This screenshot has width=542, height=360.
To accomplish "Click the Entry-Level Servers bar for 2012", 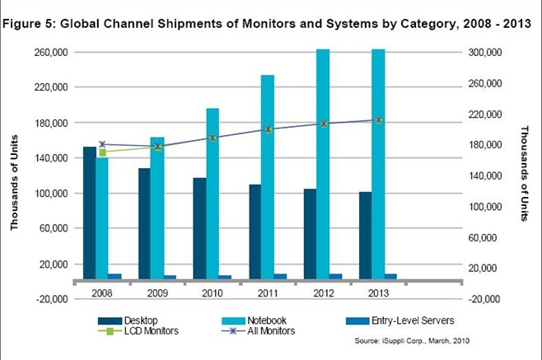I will pos(335,277).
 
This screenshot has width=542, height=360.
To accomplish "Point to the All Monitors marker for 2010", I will pos(213,138).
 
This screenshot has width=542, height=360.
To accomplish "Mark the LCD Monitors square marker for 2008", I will pos(102,152).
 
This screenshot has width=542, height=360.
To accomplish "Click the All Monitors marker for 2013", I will pos(378,120).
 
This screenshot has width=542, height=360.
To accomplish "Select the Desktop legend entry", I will pos(136,320).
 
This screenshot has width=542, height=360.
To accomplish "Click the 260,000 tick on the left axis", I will pos(49,52).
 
